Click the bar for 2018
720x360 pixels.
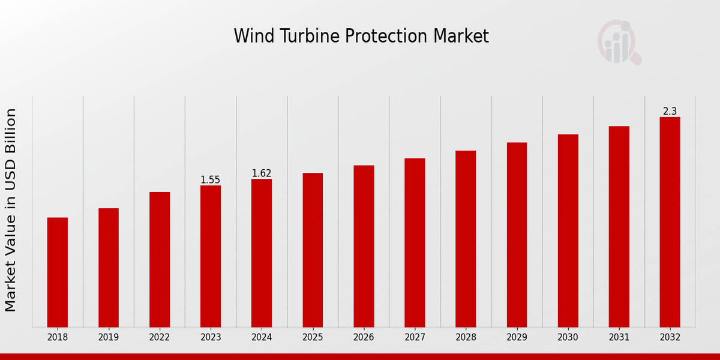coord(58,272)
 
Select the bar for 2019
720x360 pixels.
coord(109,268)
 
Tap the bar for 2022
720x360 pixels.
coord(160,259)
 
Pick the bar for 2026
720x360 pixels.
coord(364,246)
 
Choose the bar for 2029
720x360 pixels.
coord(517,235)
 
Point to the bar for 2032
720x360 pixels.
coord(670,222)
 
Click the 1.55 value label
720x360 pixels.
coord(211,180)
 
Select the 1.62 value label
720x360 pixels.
coord(262,173)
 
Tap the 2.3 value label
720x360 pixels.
coord(670,112)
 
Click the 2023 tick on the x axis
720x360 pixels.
coord(211,337)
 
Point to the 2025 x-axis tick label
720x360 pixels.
coord(313,337)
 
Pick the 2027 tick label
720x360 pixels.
coord(415,337)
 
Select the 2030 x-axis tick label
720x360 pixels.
coord(568,337)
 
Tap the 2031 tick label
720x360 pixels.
coord(619,337)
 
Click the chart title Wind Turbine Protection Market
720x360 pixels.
coord(361,36)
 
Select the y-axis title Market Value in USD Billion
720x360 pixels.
coord(11,210)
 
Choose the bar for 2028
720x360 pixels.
coord(466,239)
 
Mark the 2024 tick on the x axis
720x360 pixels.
coord(262,337)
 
